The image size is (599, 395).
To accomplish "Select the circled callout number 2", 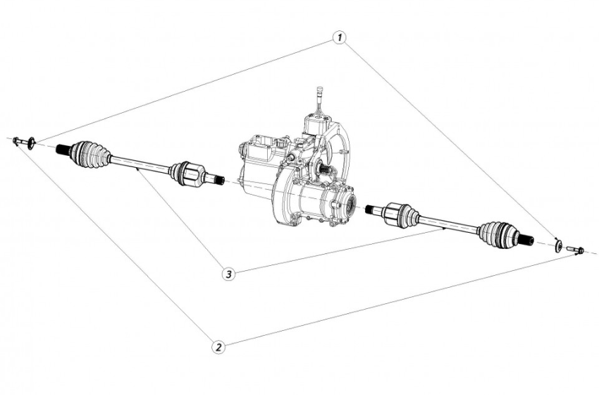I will [219, 346].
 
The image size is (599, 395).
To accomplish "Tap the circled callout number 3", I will [227, 273].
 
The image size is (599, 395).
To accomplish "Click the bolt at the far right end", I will [574, 250].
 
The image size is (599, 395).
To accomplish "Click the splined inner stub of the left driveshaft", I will [215, 178].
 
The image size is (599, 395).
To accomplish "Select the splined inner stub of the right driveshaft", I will [373, 209].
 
